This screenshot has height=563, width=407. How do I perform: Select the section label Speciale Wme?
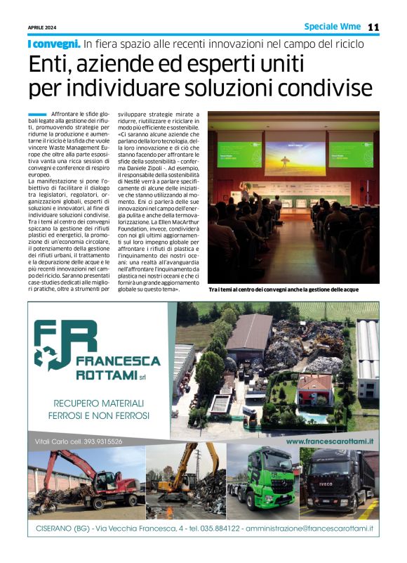[x=332, y=27]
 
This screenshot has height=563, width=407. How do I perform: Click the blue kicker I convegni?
[x=53, y=44]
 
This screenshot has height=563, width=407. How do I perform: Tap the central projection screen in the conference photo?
[x=294, y=156]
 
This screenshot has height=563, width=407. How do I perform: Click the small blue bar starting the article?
[x=37, y=115]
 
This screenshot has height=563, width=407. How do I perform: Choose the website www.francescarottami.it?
[x=331, y=441]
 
